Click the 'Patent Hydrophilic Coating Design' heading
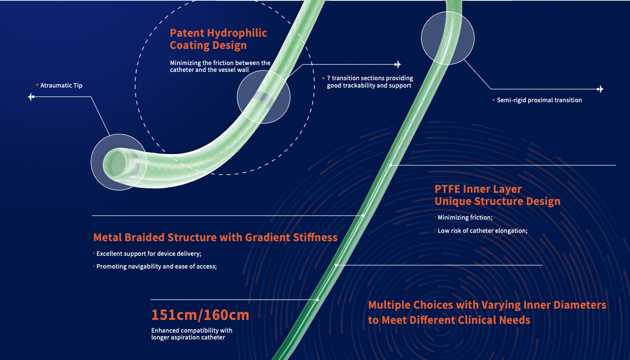coord(218,39)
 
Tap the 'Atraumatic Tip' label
coord(61,86)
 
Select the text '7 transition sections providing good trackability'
coord(370,82)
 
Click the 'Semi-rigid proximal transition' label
coord(539,100)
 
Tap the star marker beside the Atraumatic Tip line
coord(31,97)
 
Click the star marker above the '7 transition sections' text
coord(397,65)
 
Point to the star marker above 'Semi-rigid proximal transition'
coord(600,89)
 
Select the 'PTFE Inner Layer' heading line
coord(478,189)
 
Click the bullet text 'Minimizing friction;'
coord(465,217)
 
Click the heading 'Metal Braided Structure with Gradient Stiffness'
coord(215,237)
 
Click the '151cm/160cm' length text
coord(200,315)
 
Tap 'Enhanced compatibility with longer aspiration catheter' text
coord(192,334)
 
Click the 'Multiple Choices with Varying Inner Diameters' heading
coord(487,305)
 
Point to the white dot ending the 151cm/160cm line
coord(317,300)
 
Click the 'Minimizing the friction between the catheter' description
coord(220,67)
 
